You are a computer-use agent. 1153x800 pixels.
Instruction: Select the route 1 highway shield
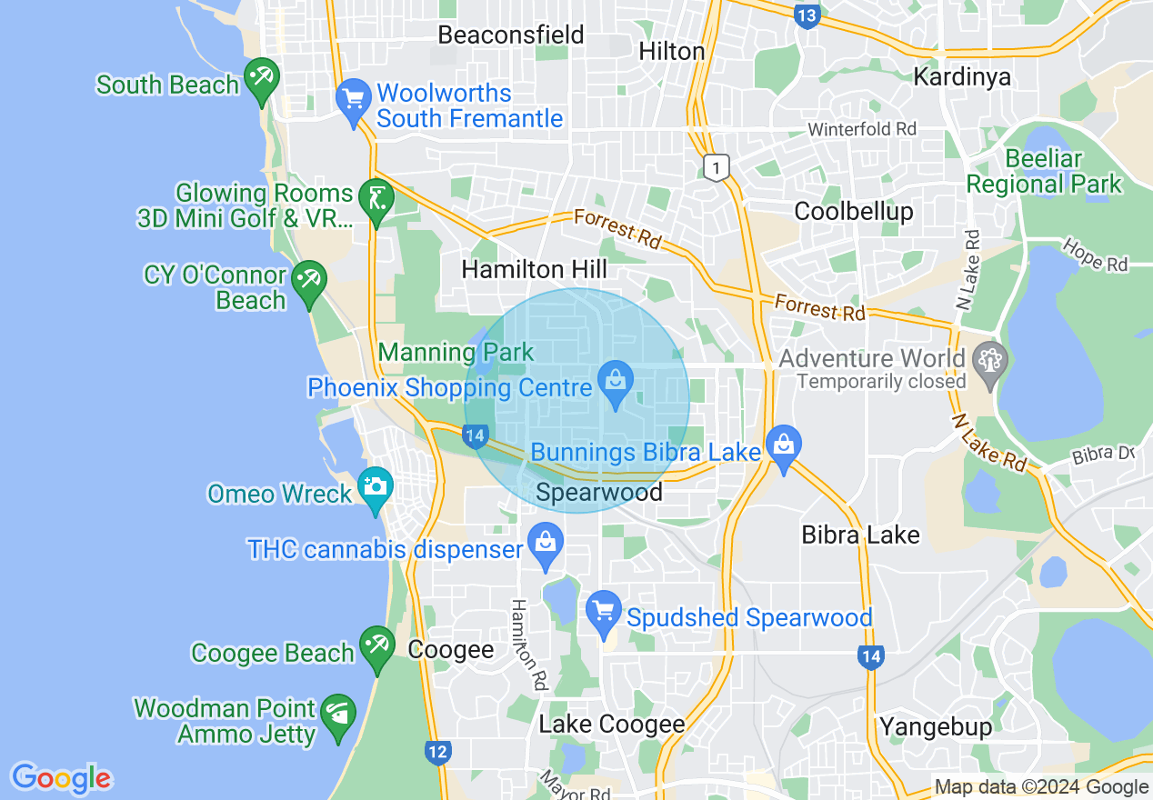pyautogui.click(x=717, y=168)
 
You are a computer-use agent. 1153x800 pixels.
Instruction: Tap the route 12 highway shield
pyautogui.click(x=437, y=752)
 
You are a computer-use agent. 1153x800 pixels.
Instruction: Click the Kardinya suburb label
pyautogui.click(x=962, y=76)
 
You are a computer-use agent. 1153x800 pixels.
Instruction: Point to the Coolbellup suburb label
pyautogui.click(x=853, y=211)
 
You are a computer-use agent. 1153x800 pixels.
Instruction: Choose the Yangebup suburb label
pyautogui.click(x=936, y=727)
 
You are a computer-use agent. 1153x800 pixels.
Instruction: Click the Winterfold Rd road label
pyautogui.click(x=862, y=130)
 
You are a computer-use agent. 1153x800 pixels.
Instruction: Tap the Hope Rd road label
pyautogui.click(x=1095, y=255)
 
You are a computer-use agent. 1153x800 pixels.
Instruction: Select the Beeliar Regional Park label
pyautogui.click(x=1044, y=171)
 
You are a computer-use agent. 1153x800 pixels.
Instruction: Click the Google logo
pyautogui.click(x=62, y=778)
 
